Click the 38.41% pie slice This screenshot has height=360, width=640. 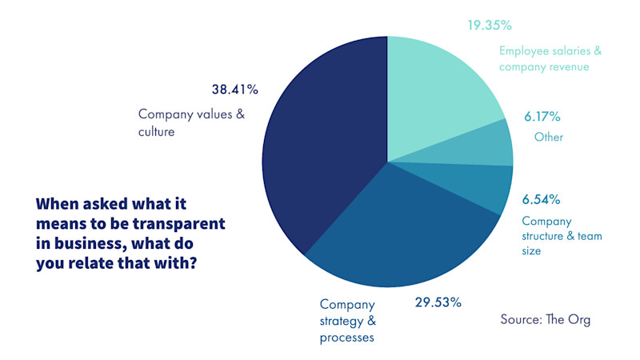coord(320,144)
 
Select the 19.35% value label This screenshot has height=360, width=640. coord(490,25)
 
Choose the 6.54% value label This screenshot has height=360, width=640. coord(541,198)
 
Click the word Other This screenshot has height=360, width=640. coord(549,137)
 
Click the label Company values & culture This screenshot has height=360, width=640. coord(191,122)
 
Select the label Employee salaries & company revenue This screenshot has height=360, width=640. coord(550,58)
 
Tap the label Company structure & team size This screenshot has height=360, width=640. coord(562,235)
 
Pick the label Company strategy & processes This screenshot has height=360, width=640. coord(348,321)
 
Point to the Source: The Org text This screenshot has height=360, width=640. coord(546,319)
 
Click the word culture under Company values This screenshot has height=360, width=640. coord(156,131)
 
